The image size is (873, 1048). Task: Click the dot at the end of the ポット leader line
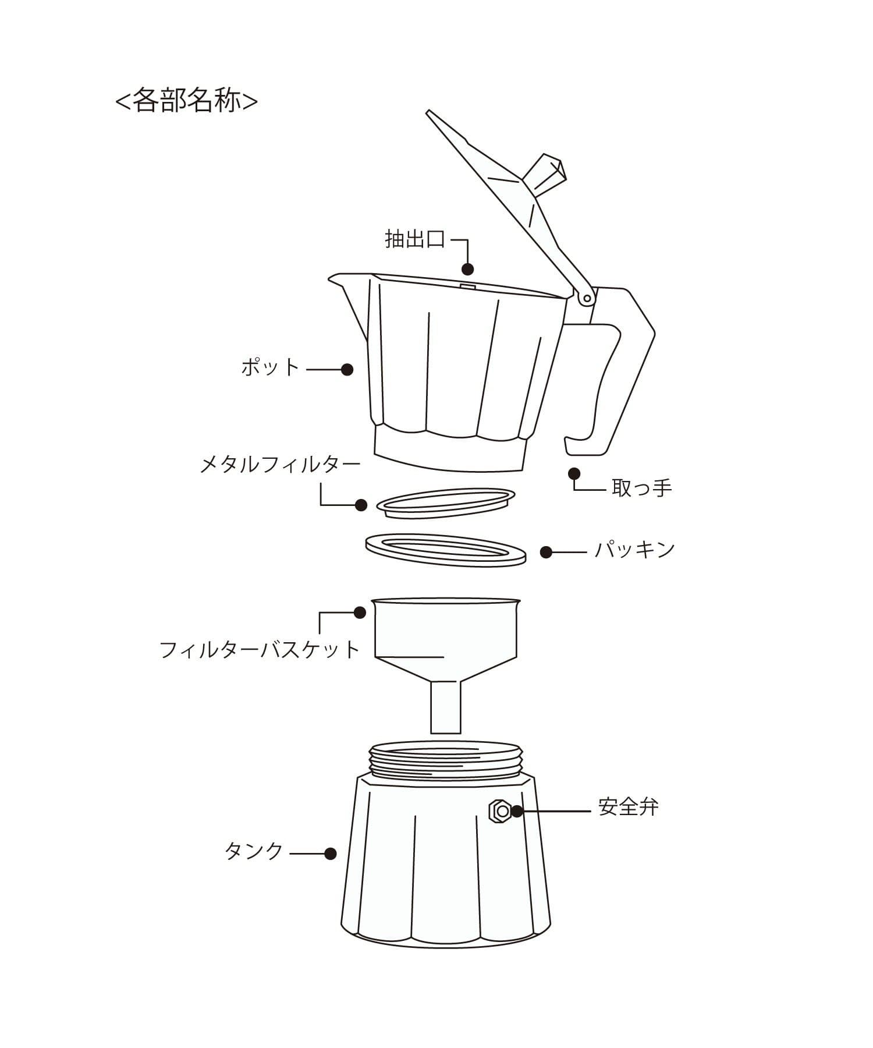tap(347, 369)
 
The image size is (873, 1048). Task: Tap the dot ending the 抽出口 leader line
tap(467, 269)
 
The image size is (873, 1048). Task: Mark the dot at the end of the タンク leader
tap(330, 854)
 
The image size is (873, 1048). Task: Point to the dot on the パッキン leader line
tap(546, 552)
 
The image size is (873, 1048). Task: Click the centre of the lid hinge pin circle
tap(587, 299)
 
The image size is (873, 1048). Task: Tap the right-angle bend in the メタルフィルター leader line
tap(321, 505)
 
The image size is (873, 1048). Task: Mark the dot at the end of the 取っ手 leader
tap(574, 473)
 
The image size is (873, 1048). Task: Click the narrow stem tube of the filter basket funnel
tap(446, 707)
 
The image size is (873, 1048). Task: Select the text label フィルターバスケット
tap(260, 649)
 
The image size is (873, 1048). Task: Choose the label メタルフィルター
tap(280, 465)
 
